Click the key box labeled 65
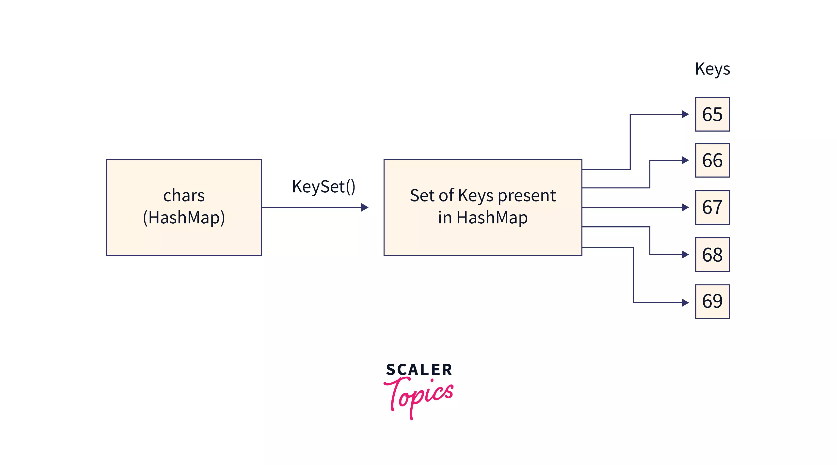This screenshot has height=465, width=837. coord(712,114)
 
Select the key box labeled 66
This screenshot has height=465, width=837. coord(712,160)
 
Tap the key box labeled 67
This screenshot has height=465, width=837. coord(712,207)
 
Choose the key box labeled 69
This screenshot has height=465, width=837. coord(712,301)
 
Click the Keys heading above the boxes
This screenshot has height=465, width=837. coord(712,69)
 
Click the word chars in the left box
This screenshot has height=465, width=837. coord(184,196)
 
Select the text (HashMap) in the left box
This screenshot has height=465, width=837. coord(184,217)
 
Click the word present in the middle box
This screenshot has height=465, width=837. coord(527,196)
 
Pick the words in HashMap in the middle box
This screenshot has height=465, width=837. coord(483,217)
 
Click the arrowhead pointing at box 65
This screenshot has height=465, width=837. coord(685,114)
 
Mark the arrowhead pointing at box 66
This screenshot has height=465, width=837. coord(685,160)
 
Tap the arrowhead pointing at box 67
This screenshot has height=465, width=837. coord(685,207)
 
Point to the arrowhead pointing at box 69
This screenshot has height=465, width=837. coord(685,303)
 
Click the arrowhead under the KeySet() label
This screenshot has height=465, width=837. coord(365,207)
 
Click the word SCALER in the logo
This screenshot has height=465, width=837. coord(419,370)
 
